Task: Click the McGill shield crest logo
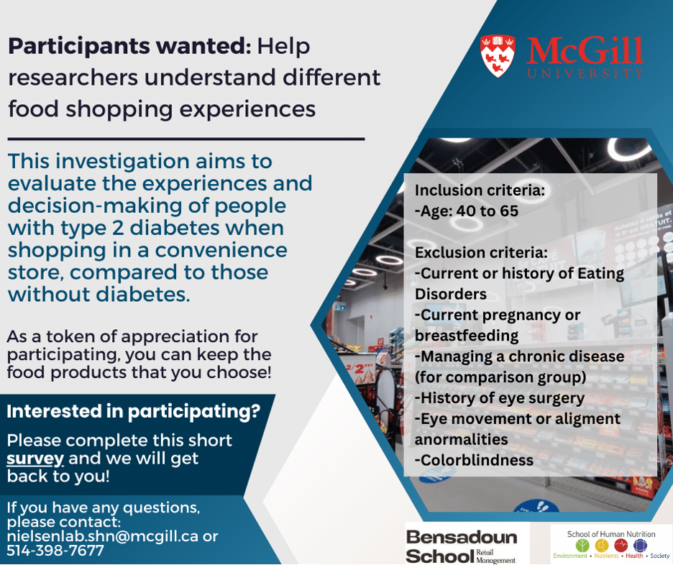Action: pos(498,56)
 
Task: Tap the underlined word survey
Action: pos(35,459)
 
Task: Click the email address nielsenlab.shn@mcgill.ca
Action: pos(103,536)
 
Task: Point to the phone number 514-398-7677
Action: pos(55,551)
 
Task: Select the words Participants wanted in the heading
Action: pos(129,46)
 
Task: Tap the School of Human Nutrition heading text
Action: pos(611,534)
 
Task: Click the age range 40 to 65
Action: pos(487,211)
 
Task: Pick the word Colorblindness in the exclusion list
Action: pos(477,460)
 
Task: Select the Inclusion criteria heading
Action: pos(480,190)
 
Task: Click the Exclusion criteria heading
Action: pos(481,253)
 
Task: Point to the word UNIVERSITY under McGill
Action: pos(585,73)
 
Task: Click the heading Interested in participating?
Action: pos(134,411)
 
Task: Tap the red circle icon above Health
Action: pos(621,546)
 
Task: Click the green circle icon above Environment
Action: pos(582,546)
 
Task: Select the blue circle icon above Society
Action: pos(640,546)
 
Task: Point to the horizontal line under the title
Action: pos(186,139)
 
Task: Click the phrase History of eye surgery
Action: pos(503,398)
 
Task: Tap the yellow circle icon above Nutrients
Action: pos(602,546)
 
